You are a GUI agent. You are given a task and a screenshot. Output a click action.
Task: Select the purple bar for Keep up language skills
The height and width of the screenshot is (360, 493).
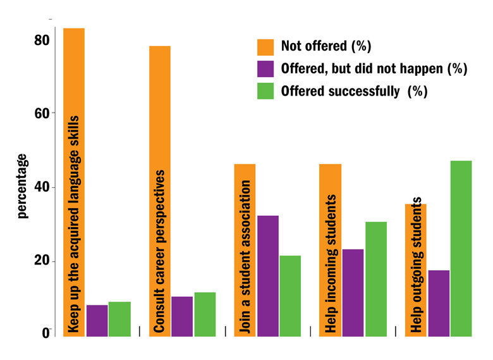tap(97, 321)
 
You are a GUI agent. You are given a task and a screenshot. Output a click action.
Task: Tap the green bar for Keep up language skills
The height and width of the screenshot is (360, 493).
tap(119, 319)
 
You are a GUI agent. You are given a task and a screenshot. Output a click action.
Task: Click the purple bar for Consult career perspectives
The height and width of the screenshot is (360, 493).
tap(182, 316)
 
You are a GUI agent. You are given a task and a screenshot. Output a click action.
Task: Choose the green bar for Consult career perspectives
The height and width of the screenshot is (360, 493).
tap(205, 314)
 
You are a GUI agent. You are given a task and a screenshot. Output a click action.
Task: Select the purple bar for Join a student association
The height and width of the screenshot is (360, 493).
tap(267, 276)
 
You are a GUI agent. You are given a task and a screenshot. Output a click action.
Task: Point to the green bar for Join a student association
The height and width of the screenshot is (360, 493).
tap(290, 295)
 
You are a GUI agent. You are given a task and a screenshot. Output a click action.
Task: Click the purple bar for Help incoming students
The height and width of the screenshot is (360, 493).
tap(353, 292)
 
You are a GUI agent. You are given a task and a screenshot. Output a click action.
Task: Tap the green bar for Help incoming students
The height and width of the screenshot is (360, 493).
tap(375, 279)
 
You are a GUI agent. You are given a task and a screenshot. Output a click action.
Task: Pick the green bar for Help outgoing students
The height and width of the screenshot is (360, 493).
tap(461, 249)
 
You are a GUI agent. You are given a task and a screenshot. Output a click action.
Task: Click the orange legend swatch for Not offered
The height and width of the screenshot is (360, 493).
tap(265, 47)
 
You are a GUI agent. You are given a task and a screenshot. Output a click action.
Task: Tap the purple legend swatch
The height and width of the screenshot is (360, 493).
tap(265, 69)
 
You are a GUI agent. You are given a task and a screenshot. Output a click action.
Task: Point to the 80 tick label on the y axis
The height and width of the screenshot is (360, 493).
tap(42, 40)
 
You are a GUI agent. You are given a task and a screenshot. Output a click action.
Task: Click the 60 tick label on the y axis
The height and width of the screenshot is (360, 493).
tap(42, 114)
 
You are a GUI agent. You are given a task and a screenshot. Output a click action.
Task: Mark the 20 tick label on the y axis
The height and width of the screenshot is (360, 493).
tap(42, 262)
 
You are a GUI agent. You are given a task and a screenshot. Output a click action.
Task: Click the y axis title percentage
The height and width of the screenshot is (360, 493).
tap(23, 185)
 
